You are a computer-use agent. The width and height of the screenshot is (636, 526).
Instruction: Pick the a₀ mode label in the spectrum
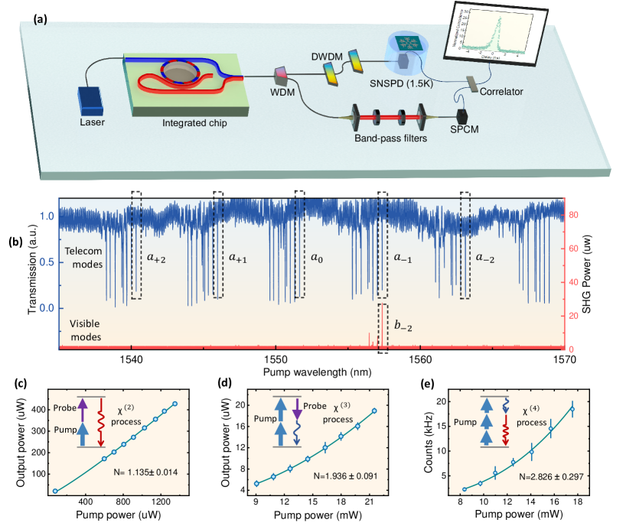[317, 258]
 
